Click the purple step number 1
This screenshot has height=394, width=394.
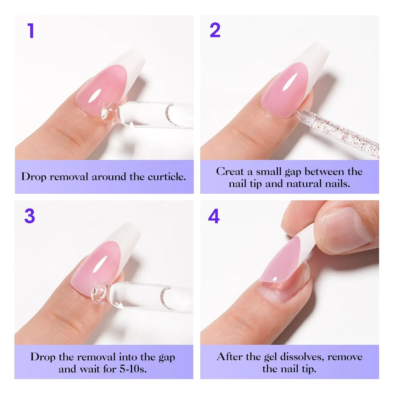point(31,31)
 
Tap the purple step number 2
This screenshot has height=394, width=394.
point(215,30)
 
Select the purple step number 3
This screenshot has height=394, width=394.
point(30,216)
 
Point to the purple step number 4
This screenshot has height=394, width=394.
point(214,216)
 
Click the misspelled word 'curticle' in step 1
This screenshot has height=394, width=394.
point(166,177)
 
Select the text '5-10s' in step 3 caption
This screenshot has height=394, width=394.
point(133,369)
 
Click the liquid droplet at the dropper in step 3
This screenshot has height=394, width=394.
point(99,293)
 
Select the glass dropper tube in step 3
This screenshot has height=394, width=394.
point(152,297)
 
